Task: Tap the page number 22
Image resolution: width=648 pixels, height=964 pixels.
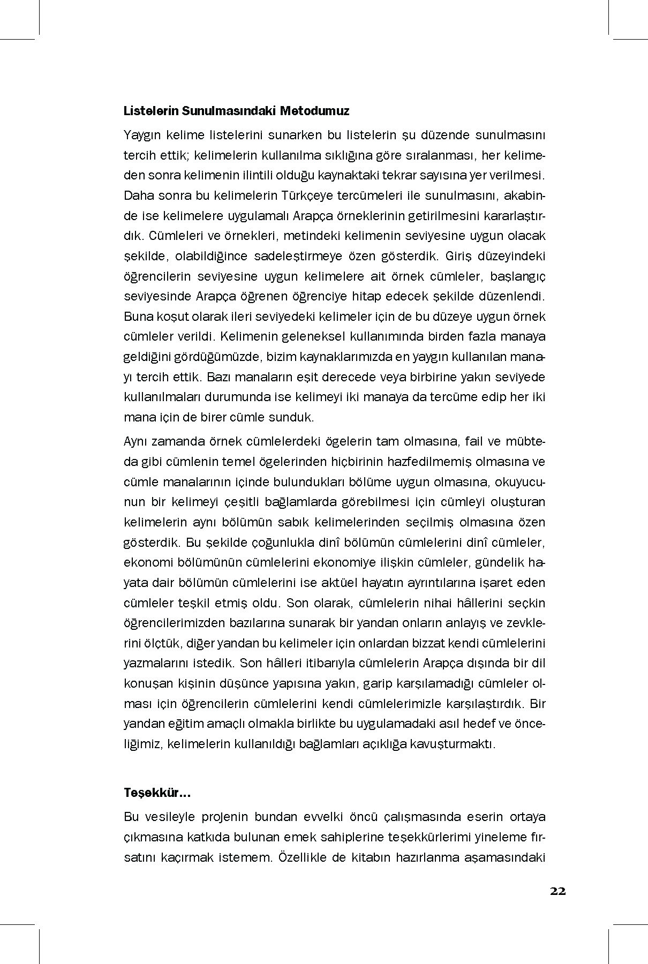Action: click(x=557, y=891)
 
